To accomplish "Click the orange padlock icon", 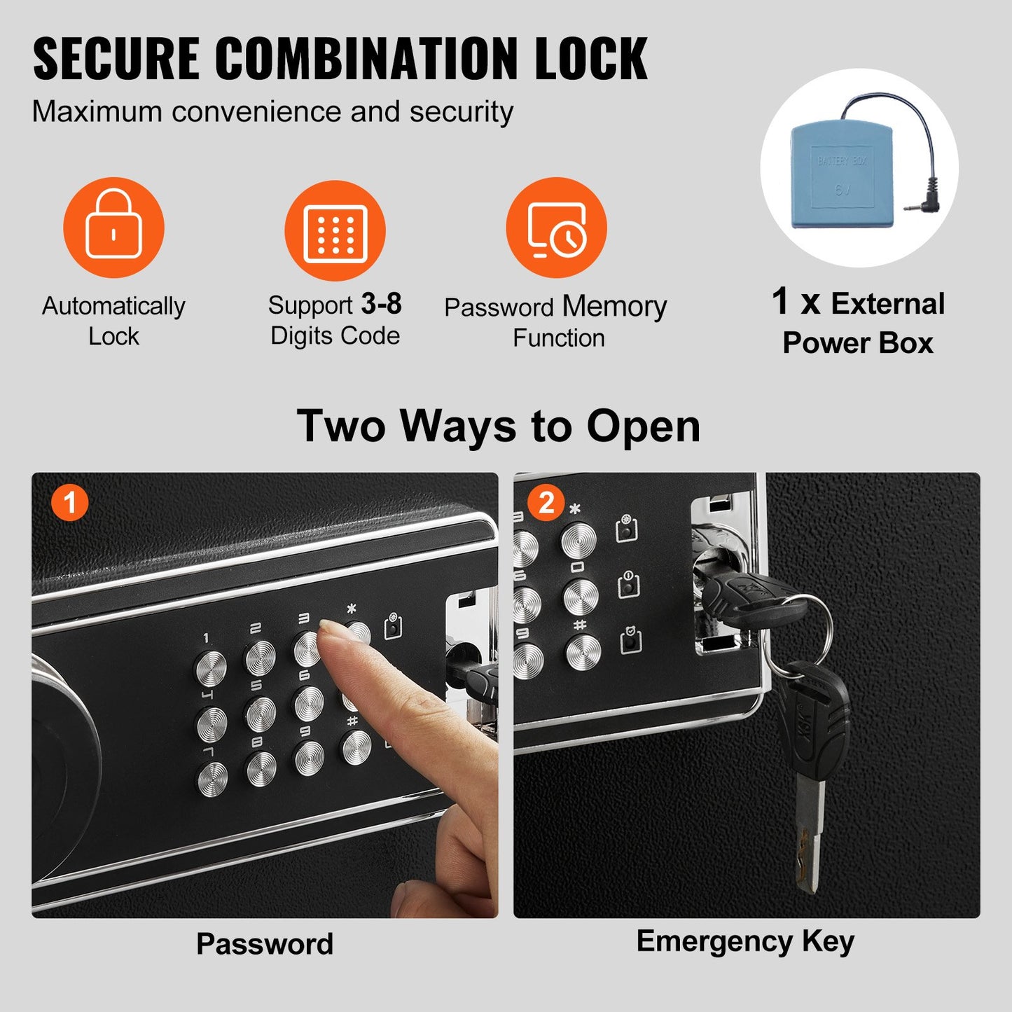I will click(x=113, y=227).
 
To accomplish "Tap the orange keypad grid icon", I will click(x=335, y=231).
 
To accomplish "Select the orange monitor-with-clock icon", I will click(x=557, y=228).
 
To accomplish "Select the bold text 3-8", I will click(x=381, y=304).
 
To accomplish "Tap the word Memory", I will click(x=614, y=307).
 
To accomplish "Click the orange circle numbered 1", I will click(x=69, y=502).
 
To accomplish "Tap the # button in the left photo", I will click(x=356, y=747).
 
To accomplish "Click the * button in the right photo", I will click(x=578, y=540).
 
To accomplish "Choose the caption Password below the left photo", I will click(x=265, y=944).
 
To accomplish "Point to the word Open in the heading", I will click(x=643, y=427).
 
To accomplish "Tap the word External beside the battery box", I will click(x=887, y=304).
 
